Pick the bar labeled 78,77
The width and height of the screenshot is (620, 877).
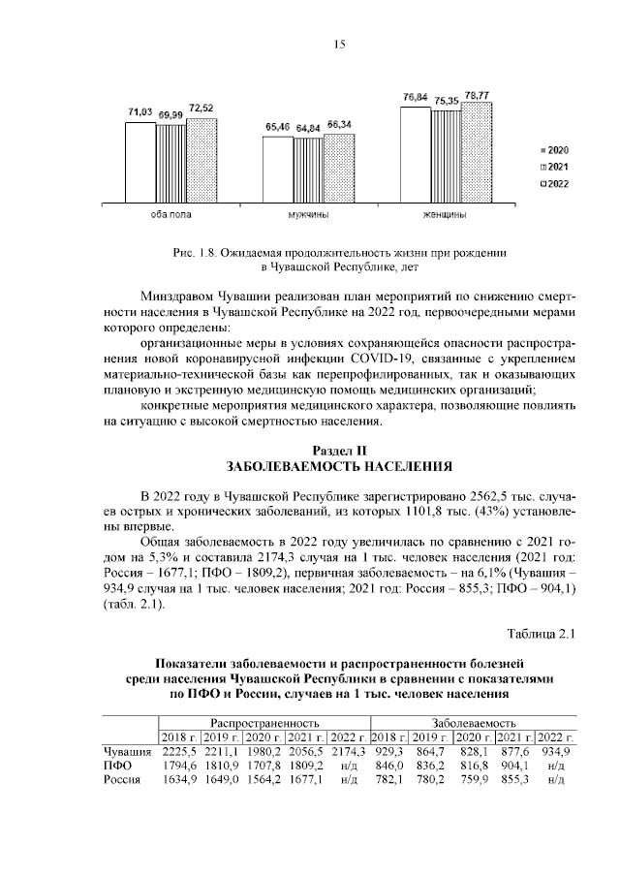[x=476, y=150]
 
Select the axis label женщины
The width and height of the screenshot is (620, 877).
[x=446, y=214]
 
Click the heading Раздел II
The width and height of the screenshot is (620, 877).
[x=339, y=450]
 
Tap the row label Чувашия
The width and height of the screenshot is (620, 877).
[x=127, y=751]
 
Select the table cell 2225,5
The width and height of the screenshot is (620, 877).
[x=179, y=751]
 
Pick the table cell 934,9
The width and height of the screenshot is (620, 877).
[x=556, y=751]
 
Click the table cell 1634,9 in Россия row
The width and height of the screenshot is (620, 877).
[x=179, y=780]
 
